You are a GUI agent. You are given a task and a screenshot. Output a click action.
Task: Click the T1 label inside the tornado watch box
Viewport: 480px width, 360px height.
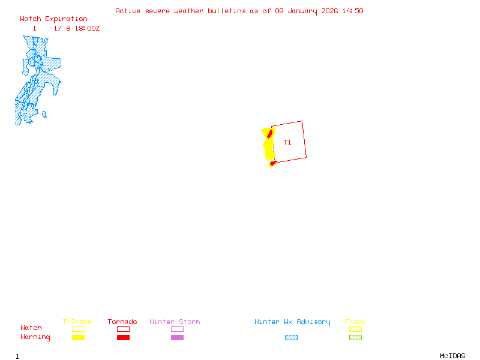[287, 143]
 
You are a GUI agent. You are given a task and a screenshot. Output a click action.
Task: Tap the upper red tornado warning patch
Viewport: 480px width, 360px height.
[270, 133]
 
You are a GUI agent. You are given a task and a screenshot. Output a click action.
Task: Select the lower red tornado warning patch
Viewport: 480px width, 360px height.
[273, 162]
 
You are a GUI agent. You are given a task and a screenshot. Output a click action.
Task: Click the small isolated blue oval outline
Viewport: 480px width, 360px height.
[44, 115]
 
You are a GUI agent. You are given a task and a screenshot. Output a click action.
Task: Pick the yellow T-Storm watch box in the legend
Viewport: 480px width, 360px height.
[78, 329]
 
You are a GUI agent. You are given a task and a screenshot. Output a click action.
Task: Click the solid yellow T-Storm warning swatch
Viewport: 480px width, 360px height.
[78, 338]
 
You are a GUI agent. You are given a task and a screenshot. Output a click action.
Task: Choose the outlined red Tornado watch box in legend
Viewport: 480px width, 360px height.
[123, 329]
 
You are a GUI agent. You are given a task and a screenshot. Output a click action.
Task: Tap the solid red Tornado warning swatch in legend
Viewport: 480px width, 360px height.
[123, 338]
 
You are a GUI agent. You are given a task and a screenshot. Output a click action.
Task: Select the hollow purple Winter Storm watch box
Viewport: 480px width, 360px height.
[177, 329]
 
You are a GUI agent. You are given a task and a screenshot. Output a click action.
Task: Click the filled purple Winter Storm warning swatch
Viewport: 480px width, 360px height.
[177, 338]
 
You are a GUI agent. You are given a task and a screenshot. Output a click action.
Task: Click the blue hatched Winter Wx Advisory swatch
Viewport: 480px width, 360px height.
[291, 338]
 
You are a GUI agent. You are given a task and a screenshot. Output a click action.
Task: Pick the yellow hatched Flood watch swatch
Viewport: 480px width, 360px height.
[355, 329]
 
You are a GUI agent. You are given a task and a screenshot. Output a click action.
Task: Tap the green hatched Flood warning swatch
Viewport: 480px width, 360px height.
[355, 338]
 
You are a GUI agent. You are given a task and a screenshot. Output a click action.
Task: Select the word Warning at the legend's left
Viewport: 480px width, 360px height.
[35, 337]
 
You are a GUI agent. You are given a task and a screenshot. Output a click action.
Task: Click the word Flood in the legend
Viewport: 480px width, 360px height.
[355, 322]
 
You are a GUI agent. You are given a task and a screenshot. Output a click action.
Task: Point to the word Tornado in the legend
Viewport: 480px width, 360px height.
[122, 322]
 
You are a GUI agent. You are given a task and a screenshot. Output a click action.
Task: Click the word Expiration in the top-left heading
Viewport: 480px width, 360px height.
[66, 19]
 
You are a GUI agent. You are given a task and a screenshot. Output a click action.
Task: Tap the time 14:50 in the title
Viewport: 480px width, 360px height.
[352, 11]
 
